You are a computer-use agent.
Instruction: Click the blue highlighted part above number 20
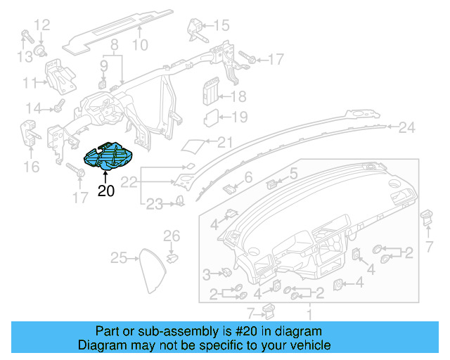tap(107, 157)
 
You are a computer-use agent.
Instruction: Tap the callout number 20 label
tap(105, 190)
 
